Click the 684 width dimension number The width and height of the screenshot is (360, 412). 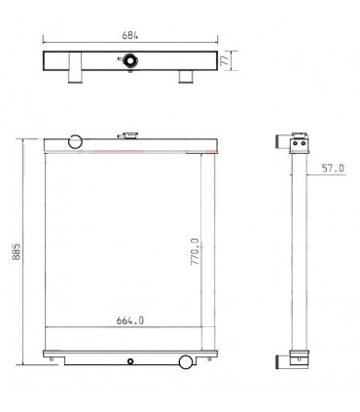pyautogui.click(x=129, y=36)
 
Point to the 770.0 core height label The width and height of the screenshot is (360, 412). pyautogui.click(x=195, y=252)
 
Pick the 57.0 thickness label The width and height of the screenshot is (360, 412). pyautogui.click(x=334, y=168)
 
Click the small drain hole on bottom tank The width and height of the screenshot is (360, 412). pyautogui.click(x=130, y=361)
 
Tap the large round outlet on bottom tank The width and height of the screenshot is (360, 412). pyautogui.click(x=186, y=362)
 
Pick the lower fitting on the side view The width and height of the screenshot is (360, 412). pyautogui.click(x=296, y=359)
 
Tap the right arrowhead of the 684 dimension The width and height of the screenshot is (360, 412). pyautogui.click(x=216, y=43)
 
